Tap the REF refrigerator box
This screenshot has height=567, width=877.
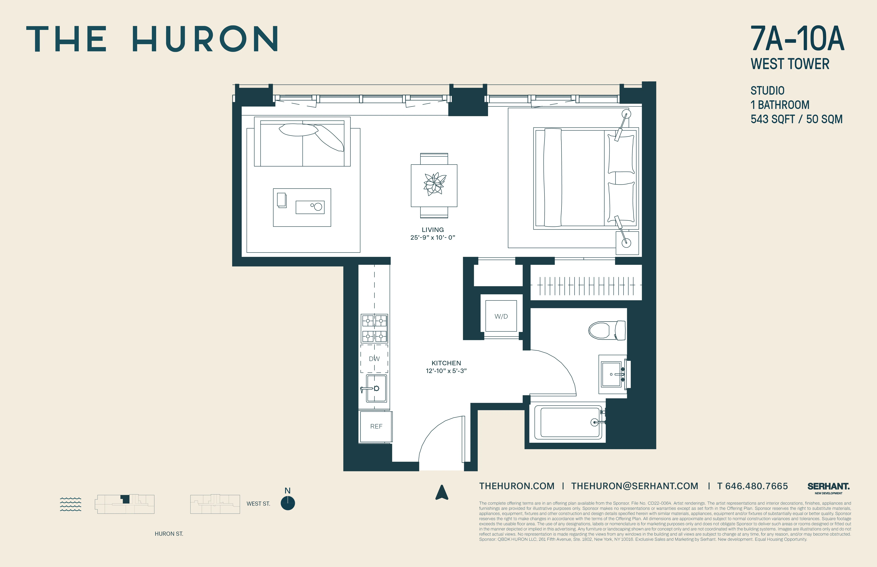tap(376, 426)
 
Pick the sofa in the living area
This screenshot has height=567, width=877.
tap(302, 142)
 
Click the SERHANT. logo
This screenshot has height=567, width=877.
tap(828, 487)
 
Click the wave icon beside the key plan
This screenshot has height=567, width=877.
tap(70, 504)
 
